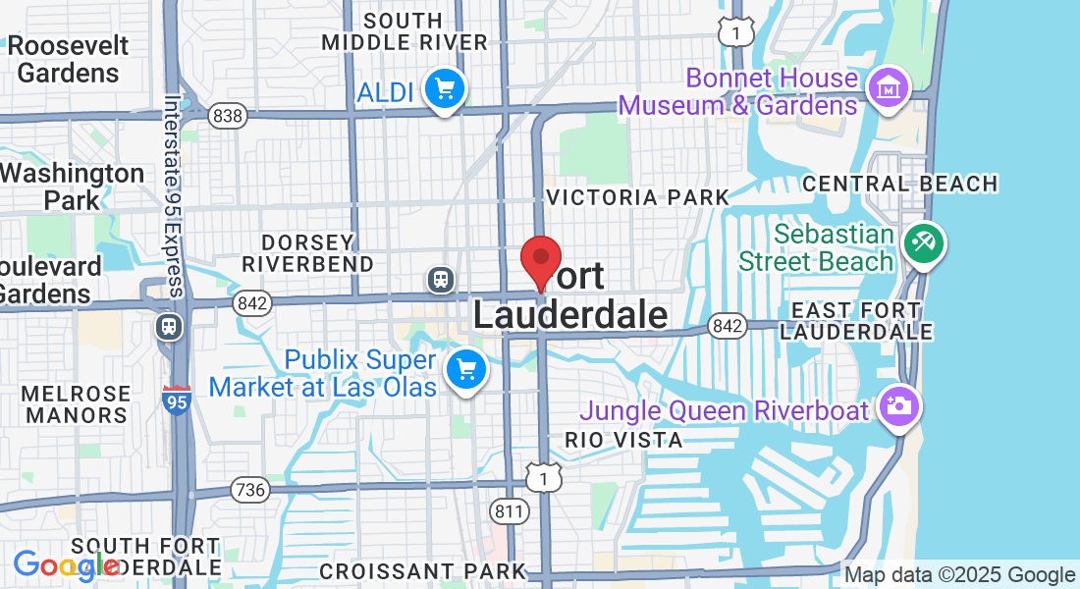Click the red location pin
pyautogui.click(x=540, y=260)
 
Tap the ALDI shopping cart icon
pyautogui.click(x=446, y=89)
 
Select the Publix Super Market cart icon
pyautogui.click(x=465, y=370)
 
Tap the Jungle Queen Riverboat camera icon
pyautogui.click(x=898, y=404)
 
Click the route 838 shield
pyautogui.click(x=228, y=116)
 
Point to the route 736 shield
pyautogui.click(x=250, y=488)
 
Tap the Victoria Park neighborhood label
pyautogui.click(x=638, y=197)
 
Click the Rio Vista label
pyautogui.click(x=623, y=440)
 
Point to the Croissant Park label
pyautogui.click(x=423, y=570)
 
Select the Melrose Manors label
pyautogui.click(x=77, y=403)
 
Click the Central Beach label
pyautogui.click(x=899, y=184)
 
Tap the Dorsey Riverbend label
pyautogui.click(x=308, y=253)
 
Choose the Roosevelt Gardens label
pyautogui.click(x=69, y=59)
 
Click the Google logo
pyautogui.click(x=65, y=565)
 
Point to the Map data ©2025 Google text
pyautogui.click(x=960, y=575)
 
